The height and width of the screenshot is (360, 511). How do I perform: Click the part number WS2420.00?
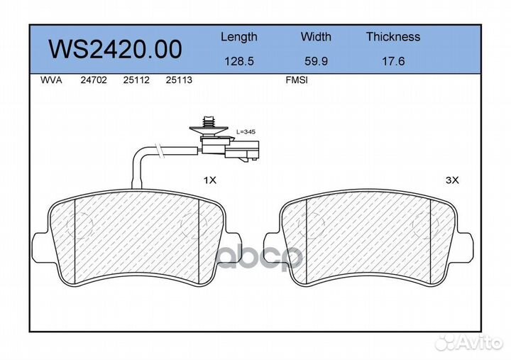click(x=116, y=49)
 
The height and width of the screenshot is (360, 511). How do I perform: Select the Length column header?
click(x=239, y=38)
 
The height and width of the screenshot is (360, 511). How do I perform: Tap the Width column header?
click(x=316, y=36)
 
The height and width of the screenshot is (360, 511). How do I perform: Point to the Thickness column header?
click(x=393, y=36)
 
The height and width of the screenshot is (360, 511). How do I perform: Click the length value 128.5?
click(x=239, y=61)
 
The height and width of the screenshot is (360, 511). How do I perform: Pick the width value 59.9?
click(x=316, y=61)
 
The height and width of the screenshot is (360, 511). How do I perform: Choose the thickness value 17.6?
click(x=393, y=61)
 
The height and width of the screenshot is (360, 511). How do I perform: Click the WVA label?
click(x=51, y=80)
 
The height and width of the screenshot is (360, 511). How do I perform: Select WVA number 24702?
click(x=94, y=80)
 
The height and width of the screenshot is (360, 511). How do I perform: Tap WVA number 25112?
click(x=136, y=80)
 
